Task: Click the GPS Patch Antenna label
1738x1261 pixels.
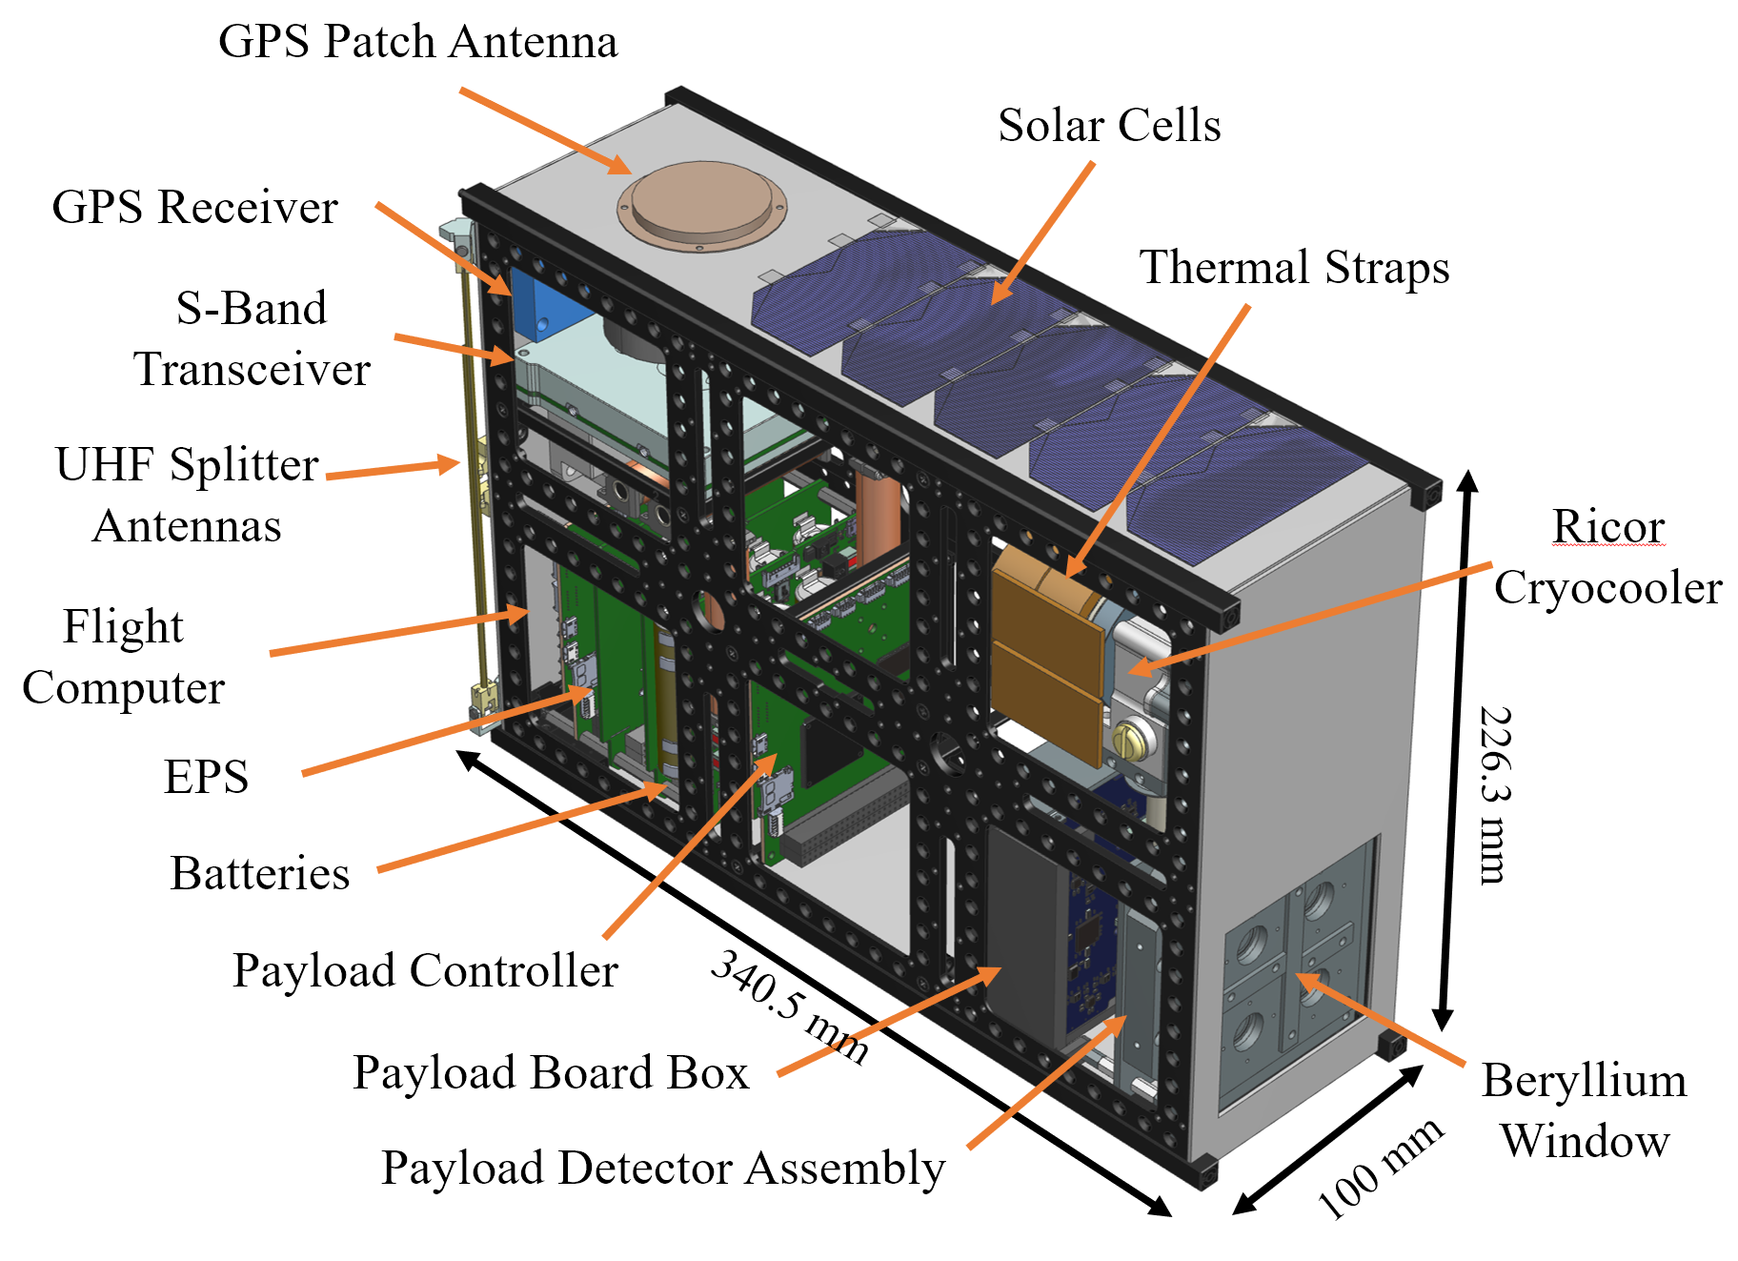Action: pyautogui.click(x=417, y=42)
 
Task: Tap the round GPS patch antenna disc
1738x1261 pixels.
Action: pyautogui.click(x=701, y=205)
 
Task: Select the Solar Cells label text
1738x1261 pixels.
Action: pyautogui.click(x=1108, y=126)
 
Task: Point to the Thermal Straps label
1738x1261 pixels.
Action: pyautogui.click(x=1294, y=268)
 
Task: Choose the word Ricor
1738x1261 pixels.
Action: pyautogui.click(x=1607, y=526)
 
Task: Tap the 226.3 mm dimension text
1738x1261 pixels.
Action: pyautogui.click(x=1495, y=795)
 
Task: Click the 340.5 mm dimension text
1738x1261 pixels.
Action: pyautogui.click(x=790, y=1006)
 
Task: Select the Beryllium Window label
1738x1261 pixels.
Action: pyautogui.click(x=1584, y=1110)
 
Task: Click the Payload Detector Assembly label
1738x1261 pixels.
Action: pyautogui.click(x=662, y=1169)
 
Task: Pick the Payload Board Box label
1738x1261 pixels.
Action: pyautogui.click(x=551, y=1073)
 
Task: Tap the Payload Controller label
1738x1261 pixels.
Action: pyautogui.click(x=425, y=971)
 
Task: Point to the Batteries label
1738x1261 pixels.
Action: pyautogui.click(x=259, y=874)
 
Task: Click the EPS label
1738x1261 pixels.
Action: pyautogui.click(x=206, y=777)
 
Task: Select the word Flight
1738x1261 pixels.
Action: pyautogui.click(x=123, y=627)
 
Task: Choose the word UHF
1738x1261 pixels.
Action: pyautogui.click(x=104, y=465)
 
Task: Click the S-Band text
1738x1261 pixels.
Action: pyautogui.click(x=252, y=309)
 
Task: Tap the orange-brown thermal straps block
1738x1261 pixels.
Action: pyautogui.click(x=1045, y=658)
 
